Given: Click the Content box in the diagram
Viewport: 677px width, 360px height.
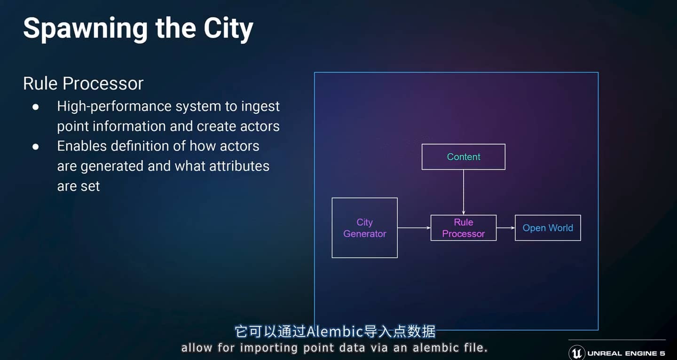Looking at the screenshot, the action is [464, 157].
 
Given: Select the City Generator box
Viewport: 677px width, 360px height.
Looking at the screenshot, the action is [364, 228].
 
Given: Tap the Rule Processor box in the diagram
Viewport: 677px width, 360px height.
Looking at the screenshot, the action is [464, 228].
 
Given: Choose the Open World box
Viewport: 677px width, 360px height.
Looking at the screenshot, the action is [548, 228].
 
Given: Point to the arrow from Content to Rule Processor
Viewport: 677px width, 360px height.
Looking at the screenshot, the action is [464, 192].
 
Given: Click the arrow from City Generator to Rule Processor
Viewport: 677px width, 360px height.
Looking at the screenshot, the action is [414, 228].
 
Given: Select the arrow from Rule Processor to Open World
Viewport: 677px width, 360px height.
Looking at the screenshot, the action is [506, 228].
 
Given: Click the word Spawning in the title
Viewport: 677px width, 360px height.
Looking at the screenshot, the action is [86, 29].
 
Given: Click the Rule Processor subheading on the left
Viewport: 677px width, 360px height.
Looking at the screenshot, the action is [83, 83].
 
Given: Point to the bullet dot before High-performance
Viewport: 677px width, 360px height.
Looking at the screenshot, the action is [35, 107].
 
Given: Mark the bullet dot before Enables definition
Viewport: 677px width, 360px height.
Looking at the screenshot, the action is [35, 147].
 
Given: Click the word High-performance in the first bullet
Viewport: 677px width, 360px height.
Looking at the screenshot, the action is [115, 107].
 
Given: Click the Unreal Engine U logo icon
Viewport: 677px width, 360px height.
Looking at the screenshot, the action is [576, 353].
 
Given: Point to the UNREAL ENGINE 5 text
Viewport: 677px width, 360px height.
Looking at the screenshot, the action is [626, 353].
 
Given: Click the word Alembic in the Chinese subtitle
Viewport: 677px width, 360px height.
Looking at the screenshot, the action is [335, 332].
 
